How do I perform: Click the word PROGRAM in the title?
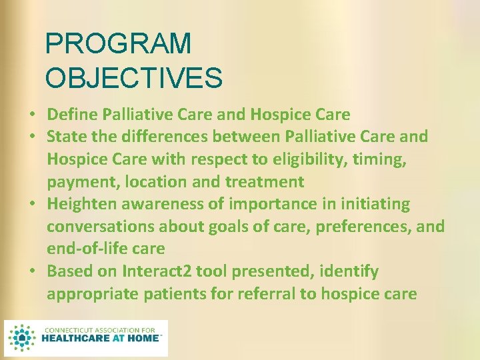tap(118, 44)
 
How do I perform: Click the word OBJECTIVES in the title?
tap(133, 77)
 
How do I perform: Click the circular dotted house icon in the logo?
tap(23, 338)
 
